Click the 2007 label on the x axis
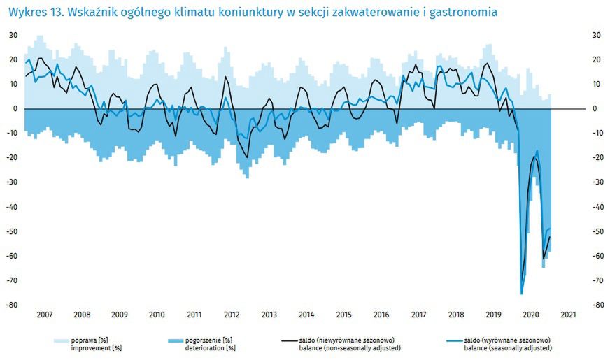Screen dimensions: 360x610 (43, 315)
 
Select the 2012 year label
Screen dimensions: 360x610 (232, 315)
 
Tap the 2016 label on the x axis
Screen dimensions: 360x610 (381, 315)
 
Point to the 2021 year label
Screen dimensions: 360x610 (568, 315)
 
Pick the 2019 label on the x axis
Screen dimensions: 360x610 (494, 315)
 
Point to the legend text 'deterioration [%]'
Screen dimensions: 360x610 (210, 347)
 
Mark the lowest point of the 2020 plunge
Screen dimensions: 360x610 (521, 294)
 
